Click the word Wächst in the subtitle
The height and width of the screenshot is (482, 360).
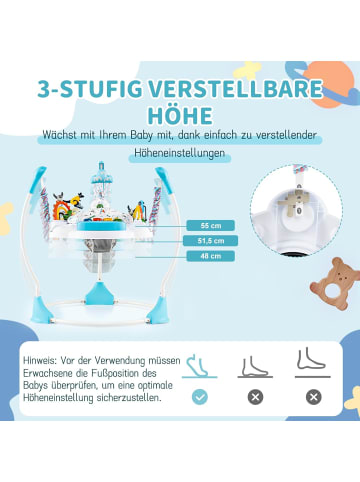point(61,135)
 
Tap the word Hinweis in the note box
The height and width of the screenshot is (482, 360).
point(41,359)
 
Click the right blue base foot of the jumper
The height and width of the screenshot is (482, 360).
point(159,292)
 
